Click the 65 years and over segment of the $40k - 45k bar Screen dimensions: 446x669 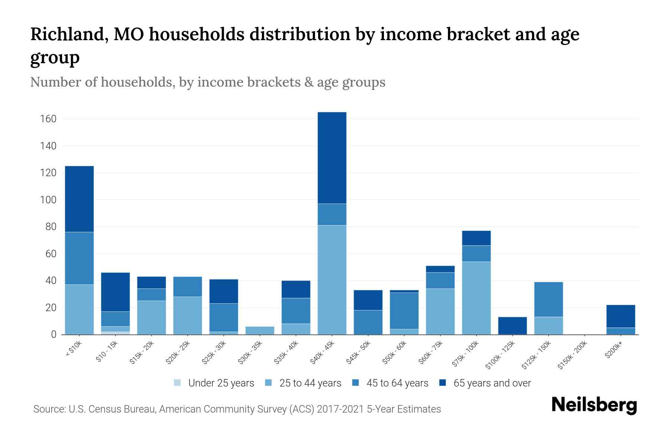[332, 158]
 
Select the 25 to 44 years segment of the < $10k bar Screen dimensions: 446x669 [79, 309]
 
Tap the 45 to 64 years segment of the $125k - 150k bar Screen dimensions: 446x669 [548, 299]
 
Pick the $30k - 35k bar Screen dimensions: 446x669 [260, 330]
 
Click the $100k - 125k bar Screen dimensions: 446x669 [512, 326]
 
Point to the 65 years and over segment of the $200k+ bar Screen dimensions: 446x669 [620, 316]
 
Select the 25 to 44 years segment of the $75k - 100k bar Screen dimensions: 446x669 [476, 298]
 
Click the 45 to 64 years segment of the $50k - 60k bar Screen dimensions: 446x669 [404, 311]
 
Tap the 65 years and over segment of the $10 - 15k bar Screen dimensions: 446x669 [115, 292]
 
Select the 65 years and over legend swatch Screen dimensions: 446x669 [443, 383]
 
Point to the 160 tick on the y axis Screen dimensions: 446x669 [48, 119]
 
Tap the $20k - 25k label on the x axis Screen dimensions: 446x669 [178, 353]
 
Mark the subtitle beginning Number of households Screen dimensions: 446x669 [207, 82]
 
